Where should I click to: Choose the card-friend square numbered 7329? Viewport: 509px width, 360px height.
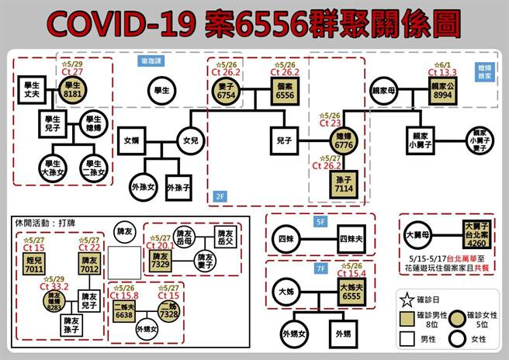(x=161, y=261)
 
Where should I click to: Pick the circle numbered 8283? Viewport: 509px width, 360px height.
(x=54, y=299)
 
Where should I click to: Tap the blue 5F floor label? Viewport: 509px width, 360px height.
(x=321, y=221)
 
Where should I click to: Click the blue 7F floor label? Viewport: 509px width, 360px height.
(x=321, y=268)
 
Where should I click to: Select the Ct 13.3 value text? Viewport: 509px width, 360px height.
(x=443, y=72)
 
